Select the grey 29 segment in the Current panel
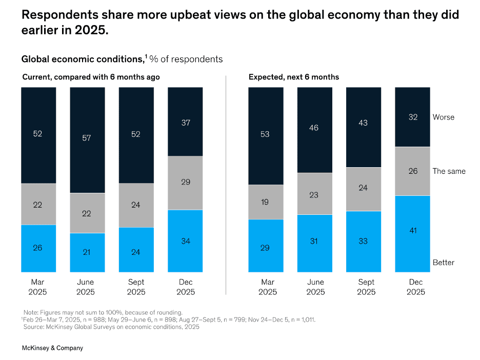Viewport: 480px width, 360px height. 185,183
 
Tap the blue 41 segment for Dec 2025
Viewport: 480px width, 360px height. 412,233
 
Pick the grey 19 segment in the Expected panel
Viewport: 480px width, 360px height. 266,202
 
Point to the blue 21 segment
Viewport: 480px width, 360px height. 87,252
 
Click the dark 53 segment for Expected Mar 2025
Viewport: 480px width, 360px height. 266,135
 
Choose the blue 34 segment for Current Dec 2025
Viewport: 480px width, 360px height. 185,241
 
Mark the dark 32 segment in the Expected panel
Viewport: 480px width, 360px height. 412,117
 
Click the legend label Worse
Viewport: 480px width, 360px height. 443,117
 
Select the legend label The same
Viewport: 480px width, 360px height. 449,171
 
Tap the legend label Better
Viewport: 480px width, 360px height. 443,263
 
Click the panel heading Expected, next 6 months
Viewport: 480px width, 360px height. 294,77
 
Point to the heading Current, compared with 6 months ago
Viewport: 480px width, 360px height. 91,77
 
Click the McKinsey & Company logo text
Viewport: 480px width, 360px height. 52,348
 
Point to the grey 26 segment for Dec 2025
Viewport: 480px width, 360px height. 412,171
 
